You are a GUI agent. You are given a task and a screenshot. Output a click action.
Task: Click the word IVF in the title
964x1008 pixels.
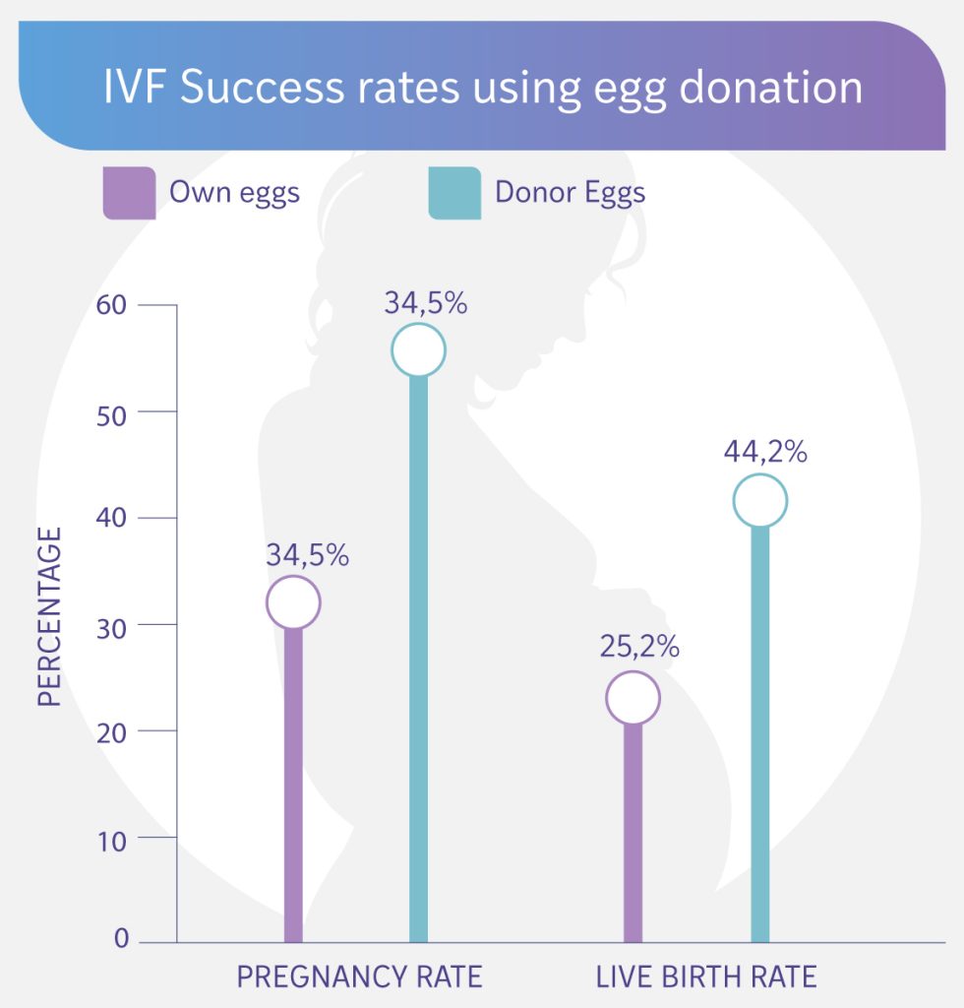135,87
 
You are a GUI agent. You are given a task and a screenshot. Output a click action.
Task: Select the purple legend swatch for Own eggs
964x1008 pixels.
129,193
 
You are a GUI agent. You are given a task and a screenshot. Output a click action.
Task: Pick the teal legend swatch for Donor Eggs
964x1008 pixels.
454,193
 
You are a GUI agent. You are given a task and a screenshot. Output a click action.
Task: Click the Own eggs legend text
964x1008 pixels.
234,192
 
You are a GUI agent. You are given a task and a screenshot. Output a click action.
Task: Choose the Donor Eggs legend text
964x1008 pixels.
571,192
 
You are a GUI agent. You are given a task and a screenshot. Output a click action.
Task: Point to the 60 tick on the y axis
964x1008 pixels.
112,305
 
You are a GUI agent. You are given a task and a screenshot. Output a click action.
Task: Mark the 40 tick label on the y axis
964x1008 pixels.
112,518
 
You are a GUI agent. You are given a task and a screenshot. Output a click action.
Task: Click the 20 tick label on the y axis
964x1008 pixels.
112,731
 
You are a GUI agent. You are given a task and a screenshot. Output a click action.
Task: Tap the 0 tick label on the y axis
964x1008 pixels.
121,939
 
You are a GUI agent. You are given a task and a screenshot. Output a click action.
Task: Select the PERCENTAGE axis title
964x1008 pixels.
50,616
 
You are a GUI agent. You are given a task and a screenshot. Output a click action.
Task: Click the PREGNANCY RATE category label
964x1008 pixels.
359,976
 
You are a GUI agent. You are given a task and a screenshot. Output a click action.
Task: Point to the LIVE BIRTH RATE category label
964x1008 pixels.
706,976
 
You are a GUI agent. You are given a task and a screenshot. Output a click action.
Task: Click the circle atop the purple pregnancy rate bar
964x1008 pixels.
293,602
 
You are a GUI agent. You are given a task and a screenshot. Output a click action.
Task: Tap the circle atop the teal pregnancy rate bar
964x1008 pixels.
418,349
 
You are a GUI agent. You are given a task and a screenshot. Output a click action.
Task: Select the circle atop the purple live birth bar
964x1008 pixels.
633,698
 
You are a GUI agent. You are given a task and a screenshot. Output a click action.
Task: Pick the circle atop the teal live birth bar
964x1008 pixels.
759,501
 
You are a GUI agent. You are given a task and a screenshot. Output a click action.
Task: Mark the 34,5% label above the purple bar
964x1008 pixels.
307,554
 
